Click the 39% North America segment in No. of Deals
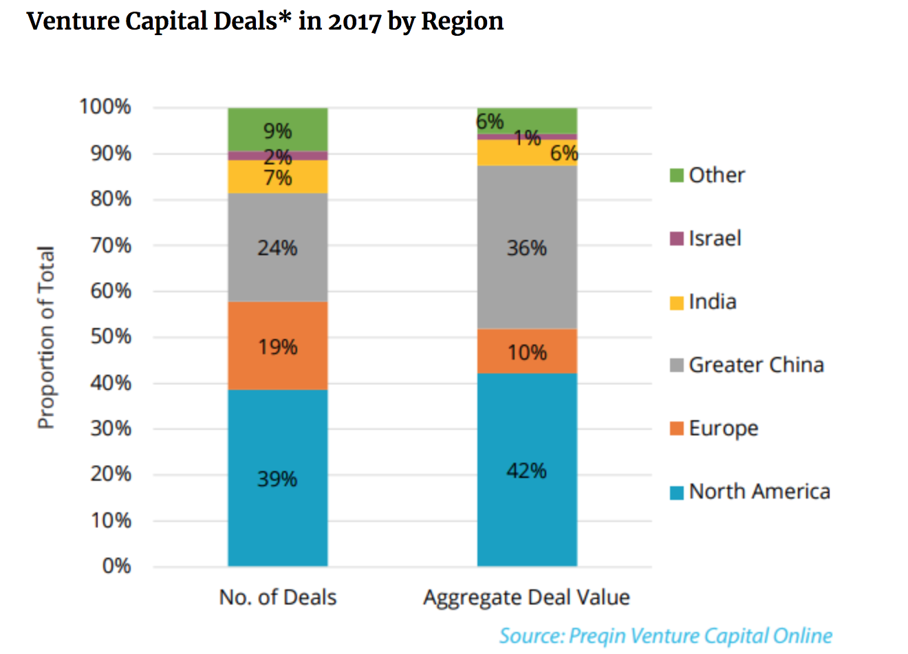click(277, 478)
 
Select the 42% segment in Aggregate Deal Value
click(527, 470)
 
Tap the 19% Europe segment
click(277, 346)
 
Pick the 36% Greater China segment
click(527, 247)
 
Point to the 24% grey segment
click(277, 247)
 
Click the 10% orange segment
click(527, 351)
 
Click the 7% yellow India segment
click(277, 177)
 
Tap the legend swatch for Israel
click(677, 239)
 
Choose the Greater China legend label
click(756, 364)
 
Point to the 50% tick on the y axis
click(111, 337)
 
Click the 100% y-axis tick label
click(105, 107)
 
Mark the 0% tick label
click(116, 566)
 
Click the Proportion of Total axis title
click(45, 337)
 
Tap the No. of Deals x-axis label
click(277, 597)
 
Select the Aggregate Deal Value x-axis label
click(527, 597)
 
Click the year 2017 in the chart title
click(354, 21)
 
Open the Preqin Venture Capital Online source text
click(665, 635)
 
